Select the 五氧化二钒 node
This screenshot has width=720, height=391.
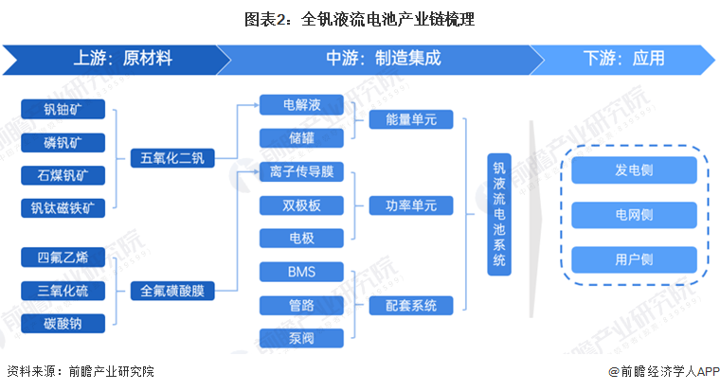click(172, 157)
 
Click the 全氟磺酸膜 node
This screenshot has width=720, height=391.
click(172, 291)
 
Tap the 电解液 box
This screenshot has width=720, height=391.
click(302, 104)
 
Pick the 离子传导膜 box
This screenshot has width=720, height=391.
click(302, 173)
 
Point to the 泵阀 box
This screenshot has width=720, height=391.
click(302, 338)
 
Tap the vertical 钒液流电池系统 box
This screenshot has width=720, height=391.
click(500, 214)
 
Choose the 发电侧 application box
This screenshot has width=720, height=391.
click(634, 171)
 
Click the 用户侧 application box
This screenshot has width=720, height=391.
click(634, 258)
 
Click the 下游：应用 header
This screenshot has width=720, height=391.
click(623, 58)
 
